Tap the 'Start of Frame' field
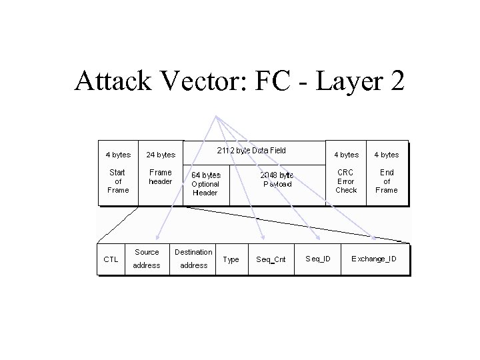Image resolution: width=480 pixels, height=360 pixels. click(117, 181)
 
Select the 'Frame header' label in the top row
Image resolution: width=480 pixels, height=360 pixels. click(160, 177)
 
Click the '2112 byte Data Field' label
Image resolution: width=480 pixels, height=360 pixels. click(252, 151)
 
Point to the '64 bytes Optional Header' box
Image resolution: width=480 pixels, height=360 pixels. click(205, 183)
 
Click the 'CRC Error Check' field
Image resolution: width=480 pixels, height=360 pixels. click(346, 181)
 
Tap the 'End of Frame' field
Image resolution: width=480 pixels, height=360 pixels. click(387, 181)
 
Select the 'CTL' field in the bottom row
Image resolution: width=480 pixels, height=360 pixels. click(110, 259)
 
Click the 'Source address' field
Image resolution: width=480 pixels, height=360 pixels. click(147, 259)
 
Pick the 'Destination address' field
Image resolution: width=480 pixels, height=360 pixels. click(193, 259)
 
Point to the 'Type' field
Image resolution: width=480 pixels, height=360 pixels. click(231, 259)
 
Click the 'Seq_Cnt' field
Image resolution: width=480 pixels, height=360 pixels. click(271, 259)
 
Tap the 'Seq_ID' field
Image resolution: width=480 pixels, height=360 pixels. click(317, 257)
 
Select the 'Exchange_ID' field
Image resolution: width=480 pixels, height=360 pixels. click(373, 257)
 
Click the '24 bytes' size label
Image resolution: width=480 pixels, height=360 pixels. click(160, 155)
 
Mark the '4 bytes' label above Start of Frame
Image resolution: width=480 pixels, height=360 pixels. click(118, 155)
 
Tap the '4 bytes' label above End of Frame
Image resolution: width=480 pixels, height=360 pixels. click(387, 155)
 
